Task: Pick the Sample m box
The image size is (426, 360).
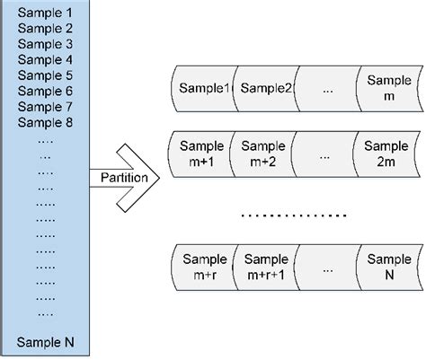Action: (387, 88)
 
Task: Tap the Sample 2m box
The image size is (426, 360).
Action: (387, 151)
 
